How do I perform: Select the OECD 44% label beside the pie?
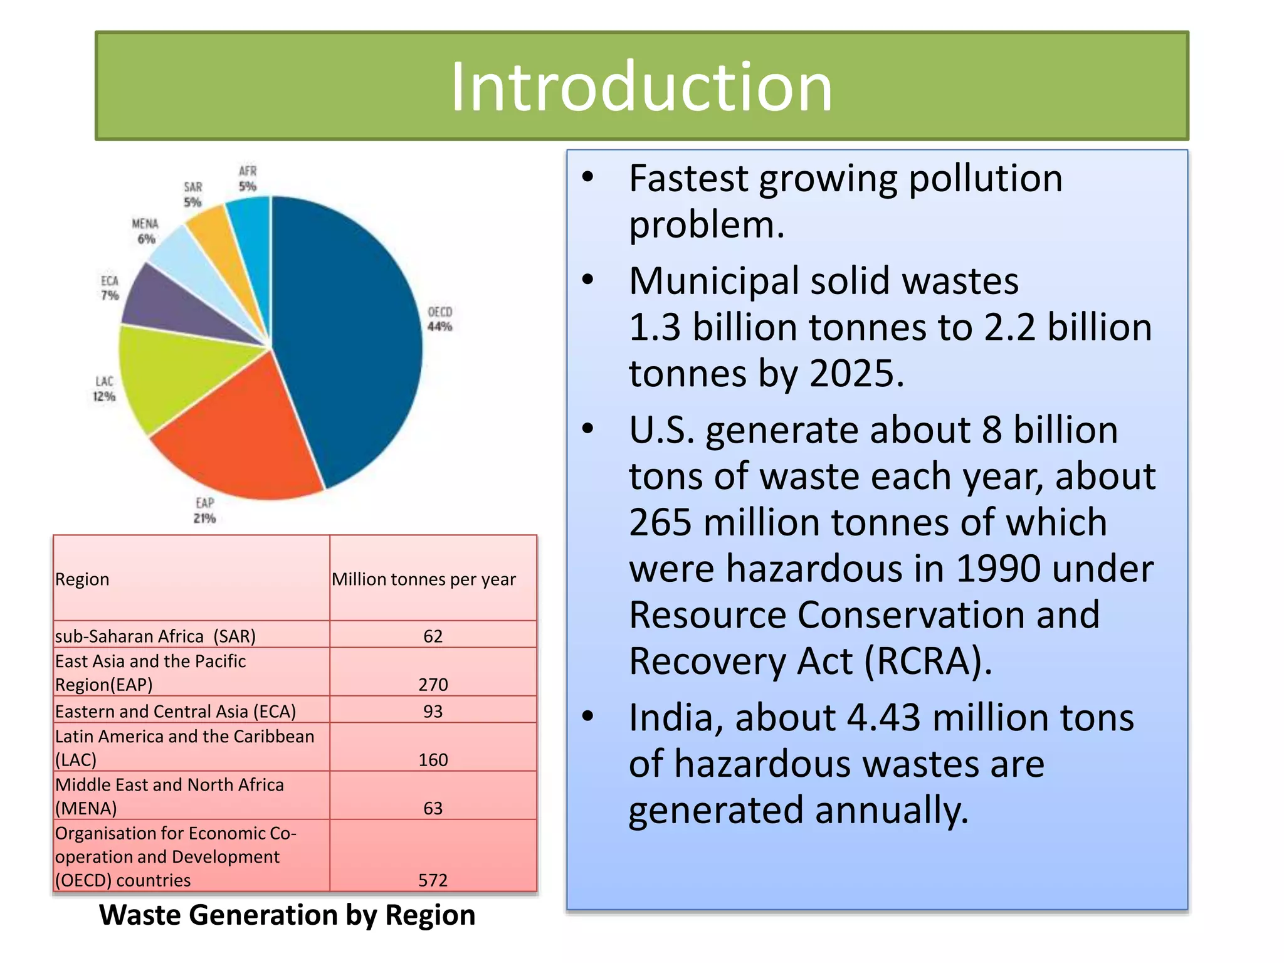tap(439, 319)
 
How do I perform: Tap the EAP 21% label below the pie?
tap(205, 510)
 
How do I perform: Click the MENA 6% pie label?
tap(145, 231)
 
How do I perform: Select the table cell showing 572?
tap(433, 880)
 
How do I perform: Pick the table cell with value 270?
tap(433, 684)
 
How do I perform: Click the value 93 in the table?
tap(433, 711)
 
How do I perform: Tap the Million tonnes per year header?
tap(424, 579)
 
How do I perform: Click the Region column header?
tap(82, 579)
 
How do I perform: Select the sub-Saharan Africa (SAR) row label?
tap(155, 636)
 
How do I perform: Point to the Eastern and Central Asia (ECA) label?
tap(176, 711)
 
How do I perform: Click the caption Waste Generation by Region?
tap(287, 915)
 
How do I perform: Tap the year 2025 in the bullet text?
tap(856, 374)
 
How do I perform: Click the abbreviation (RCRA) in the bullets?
tap(929, 661)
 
